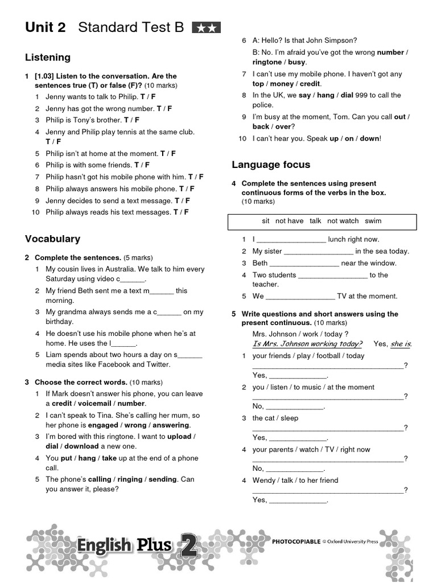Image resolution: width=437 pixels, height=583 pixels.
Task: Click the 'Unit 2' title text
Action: click(x=46, y=27)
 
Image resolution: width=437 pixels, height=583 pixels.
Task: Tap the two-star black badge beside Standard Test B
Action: click(x=207, y=27)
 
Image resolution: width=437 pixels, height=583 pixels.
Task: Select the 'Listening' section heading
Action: click(x=48, y=58)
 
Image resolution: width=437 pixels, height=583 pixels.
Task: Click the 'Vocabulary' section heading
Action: click(x=52, y=239)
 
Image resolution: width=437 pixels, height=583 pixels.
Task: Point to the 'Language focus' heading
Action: click(x=271, y=165)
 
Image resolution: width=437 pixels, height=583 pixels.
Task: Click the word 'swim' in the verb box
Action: click(x=373, y=221)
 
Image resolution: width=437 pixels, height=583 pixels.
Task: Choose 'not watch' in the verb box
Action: click(x=343, y=221)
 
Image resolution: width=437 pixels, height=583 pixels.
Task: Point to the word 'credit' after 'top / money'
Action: click(x=310, y=84)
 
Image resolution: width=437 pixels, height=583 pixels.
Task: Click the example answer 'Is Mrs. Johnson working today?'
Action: click(x=307, y=344)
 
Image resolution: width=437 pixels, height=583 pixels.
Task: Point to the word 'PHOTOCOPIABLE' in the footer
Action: click(x=296, y=541)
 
